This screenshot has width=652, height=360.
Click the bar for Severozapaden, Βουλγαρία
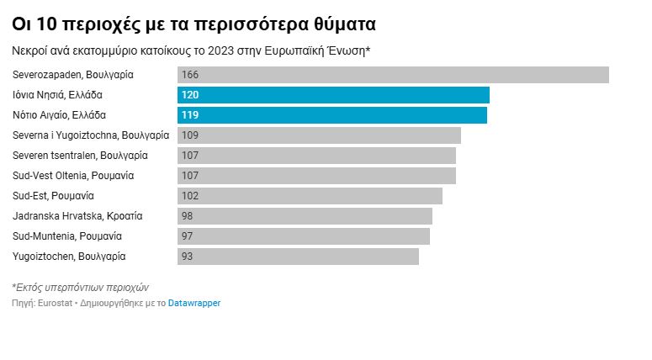tap(393, 75)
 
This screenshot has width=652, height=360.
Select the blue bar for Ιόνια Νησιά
tap(333, 95)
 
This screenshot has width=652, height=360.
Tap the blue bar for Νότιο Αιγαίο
tap(332, 115)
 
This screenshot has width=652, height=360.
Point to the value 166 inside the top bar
tap(190, 75)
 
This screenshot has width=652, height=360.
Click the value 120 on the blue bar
tap(190, 95)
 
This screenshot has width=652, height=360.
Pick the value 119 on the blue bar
tap(190, 115)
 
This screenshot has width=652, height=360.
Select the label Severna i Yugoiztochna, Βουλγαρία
tap(91, 135)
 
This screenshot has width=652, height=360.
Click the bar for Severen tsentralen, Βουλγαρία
tap(316, 156)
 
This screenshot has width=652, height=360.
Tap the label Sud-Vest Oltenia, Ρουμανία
tap(73, 176)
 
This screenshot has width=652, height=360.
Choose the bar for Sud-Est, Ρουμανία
tap(310, 196)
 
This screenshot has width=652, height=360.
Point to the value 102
tap(190, 196)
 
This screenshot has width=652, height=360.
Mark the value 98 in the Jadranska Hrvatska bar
tap(188, 216)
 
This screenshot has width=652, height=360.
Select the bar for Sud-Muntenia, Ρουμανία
tap(303, 236)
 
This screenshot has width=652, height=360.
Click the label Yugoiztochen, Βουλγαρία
tap(69, 257)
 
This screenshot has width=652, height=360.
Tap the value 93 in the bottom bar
tap(188, 257)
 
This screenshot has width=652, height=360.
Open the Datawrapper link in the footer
tap(194, 303)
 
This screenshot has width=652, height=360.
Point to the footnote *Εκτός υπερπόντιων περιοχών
tap(80, 287)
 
